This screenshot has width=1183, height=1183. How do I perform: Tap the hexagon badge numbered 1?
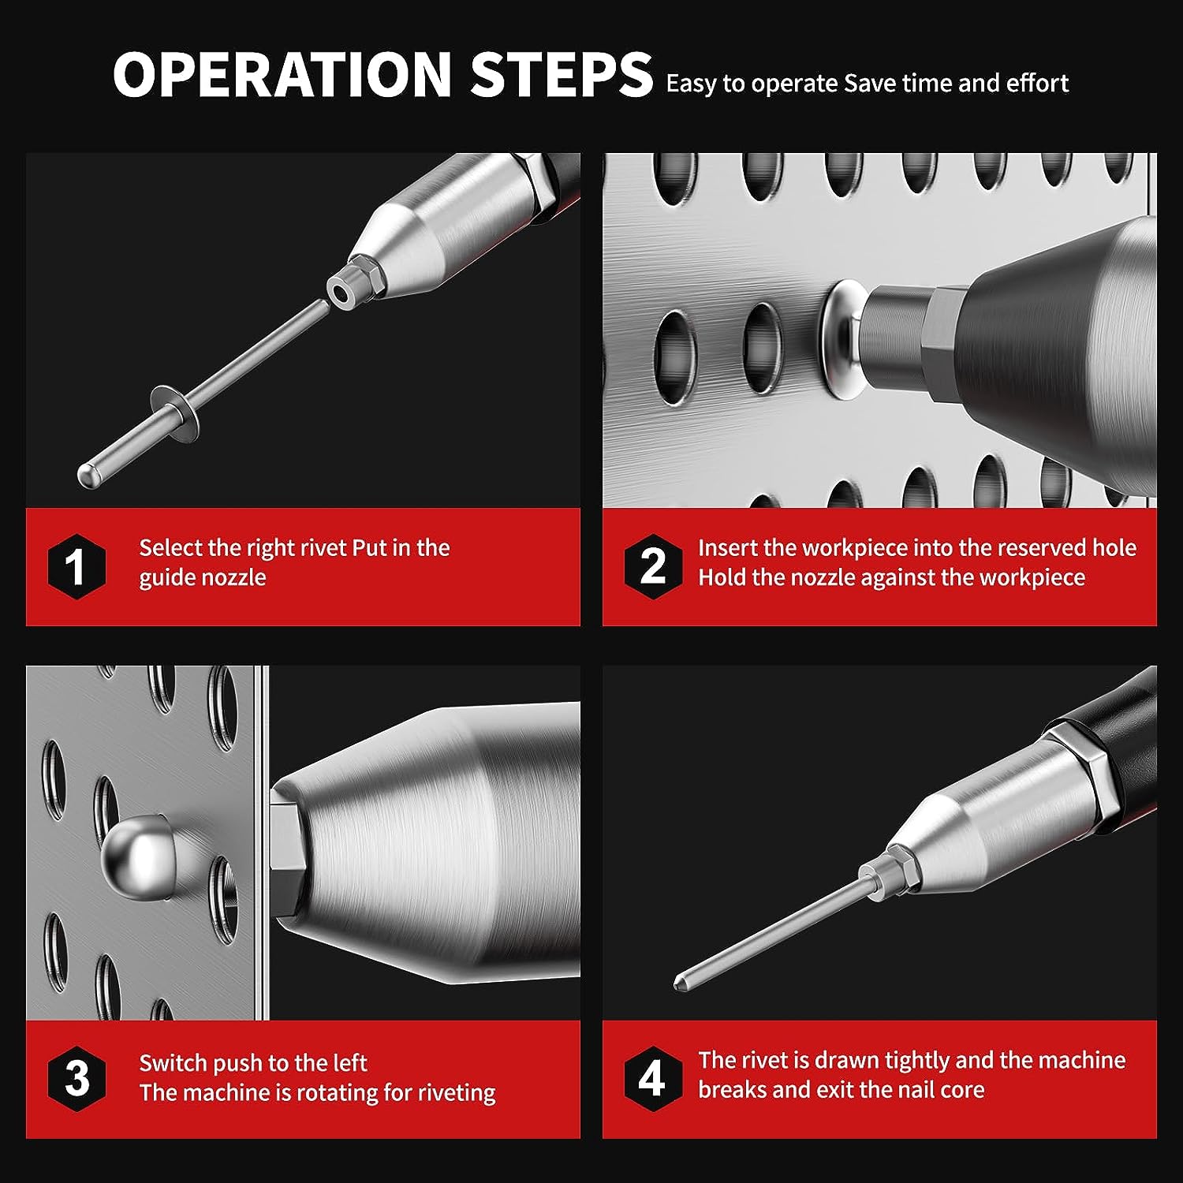(76, 566)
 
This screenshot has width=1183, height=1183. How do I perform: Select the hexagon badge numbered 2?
(652, 566)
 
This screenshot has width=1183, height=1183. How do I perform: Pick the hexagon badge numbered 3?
(76, 1078)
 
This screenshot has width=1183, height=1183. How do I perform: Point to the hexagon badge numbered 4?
(652, 1078)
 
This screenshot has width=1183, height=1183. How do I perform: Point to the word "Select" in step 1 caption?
(169, 547)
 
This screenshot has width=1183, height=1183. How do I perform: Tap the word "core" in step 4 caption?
(961, 1090)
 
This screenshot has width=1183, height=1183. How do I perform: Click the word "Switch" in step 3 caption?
(172, 1062)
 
